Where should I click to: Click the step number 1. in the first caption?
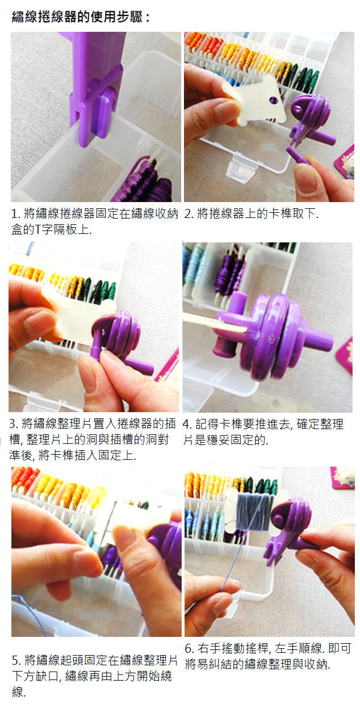16,214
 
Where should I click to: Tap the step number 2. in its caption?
189,214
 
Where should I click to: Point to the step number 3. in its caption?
14,423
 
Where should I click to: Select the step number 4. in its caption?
187,424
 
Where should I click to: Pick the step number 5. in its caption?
17,660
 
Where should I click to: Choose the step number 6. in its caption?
190,649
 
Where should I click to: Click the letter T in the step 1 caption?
37,229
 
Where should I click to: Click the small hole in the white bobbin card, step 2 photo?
274,100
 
